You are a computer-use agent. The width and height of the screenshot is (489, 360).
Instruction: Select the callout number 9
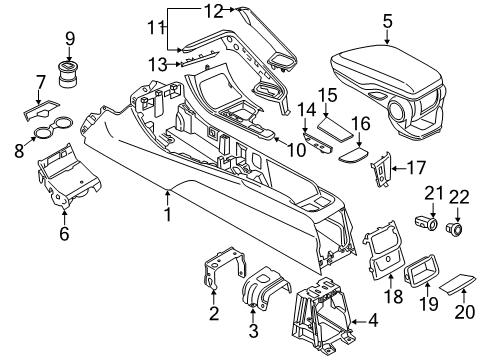pyautogui.click(x=70, y=39)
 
